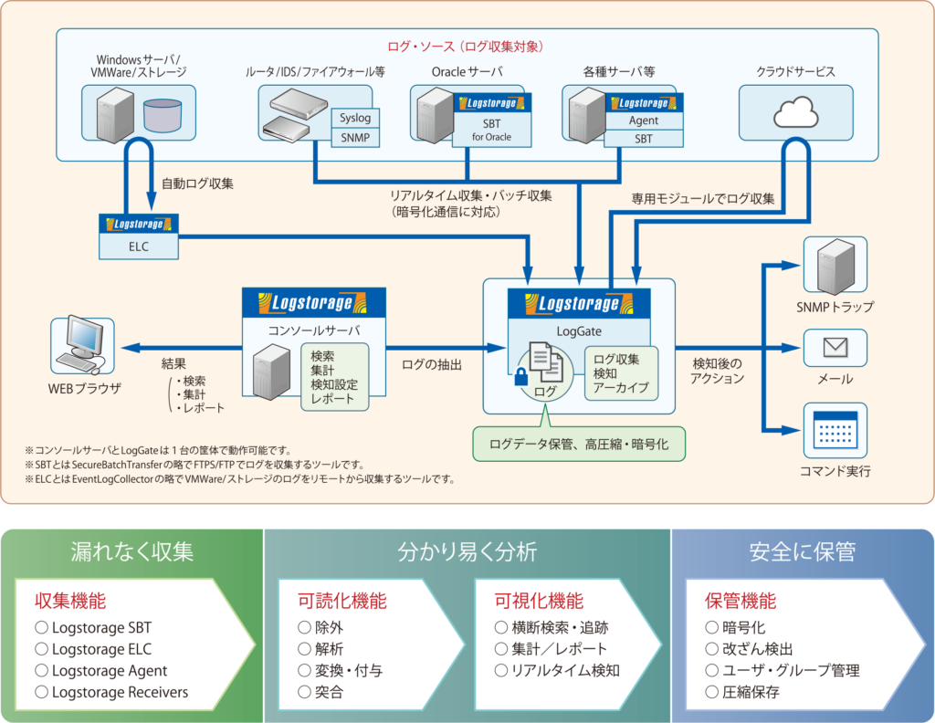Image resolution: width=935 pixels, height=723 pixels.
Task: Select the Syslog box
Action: click(x=355, y=119)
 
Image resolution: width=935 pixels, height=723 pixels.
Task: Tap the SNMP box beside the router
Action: click(x=355, y=138)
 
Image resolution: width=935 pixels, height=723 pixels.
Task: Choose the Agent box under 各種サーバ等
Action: click(x=643, y=120)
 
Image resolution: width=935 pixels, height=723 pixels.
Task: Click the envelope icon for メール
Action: click(x=835, y=347)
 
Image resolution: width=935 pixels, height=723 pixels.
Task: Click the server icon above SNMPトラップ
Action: click(x=835, y=266)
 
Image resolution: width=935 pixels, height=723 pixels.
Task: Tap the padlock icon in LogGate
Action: click(x=520, y=377)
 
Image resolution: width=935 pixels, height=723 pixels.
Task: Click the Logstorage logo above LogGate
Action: click(x=578, y=304)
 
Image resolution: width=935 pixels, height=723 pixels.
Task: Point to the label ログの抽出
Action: click(x=432, y=364)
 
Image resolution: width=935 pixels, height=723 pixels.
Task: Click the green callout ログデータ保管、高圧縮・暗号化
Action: click(x=579, y=445)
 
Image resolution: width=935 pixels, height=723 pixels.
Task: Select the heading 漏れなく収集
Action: click(x=132, y=552)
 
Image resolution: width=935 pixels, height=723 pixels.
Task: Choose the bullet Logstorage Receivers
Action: click(x=120, y=692)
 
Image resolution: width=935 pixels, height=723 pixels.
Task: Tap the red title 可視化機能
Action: click(x=539, y=601)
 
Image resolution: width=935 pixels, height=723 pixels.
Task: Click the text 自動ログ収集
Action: click(x=197, y=183)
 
